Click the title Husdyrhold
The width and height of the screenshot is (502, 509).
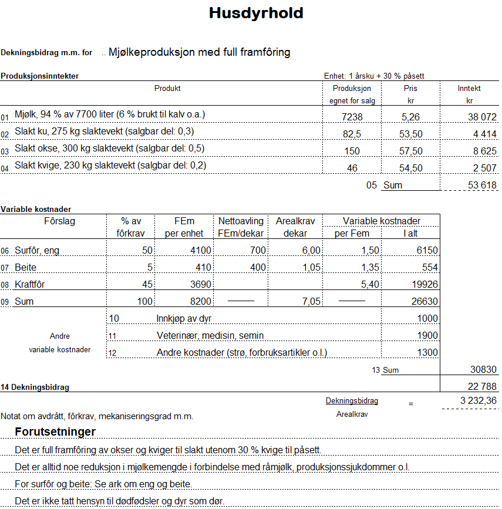(x=256, y=14)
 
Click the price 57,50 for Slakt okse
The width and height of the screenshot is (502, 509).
(x=410, y=151)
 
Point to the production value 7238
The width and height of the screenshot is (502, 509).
(x=352, y=117)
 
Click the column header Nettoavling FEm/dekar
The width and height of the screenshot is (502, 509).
(x=240, y=227)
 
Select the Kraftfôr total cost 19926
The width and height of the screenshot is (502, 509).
(x=424, y=285)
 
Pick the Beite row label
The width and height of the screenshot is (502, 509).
(x=25, y=268)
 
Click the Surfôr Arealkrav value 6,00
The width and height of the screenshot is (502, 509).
(x=311, y=251)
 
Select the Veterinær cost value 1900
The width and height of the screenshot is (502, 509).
(x=427, y=336)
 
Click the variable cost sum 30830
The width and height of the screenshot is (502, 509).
(x=483, y=370)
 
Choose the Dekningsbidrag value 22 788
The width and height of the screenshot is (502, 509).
(x=481, y=387)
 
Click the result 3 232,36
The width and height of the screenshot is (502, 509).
(x=479, y=401)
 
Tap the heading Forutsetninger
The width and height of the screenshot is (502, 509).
(x=55, y=433)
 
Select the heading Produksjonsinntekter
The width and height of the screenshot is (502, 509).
(x=39, y=76)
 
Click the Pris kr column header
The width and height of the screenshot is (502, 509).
(x=410, y=94)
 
